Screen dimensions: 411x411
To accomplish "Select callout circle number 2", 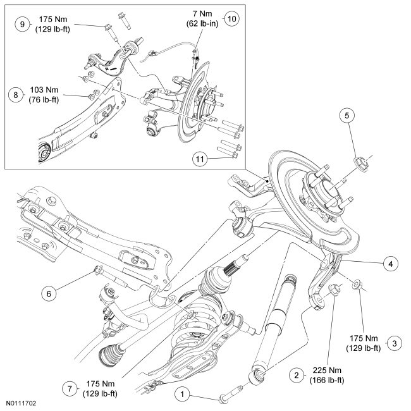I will (x=295, y=374).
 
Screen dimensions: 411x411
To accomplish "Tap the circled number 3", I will (x=395, y=343).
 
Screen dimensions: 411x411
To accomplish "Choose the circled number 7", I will (x=70, y=387).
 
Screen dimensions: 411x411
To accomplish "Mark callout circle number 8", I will (x=14, y=95).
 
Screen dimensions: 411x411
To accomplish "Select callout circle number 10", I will (x=232, y=18).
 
